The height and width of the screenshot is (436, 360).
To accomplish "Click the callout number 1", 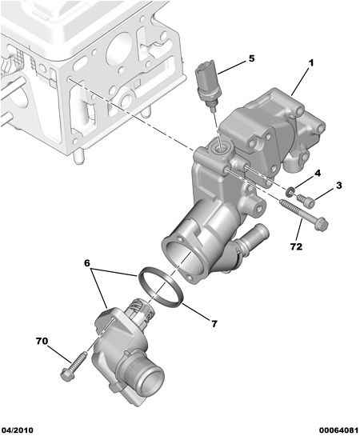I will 311,63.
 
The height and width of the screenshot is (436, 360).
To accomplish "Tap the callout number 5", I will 250,58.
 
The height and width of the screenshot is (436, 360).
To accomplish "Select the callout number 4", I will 317,173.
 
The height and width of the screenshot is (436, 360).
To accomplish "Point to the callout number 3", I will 338,186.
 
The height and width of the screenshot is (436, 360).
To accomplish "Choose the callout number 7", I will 214,323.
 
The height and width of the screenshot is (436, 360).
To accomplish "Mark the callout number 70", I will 42,341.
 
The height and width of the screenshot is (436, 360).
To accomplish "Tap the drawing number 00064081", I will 333,428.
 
